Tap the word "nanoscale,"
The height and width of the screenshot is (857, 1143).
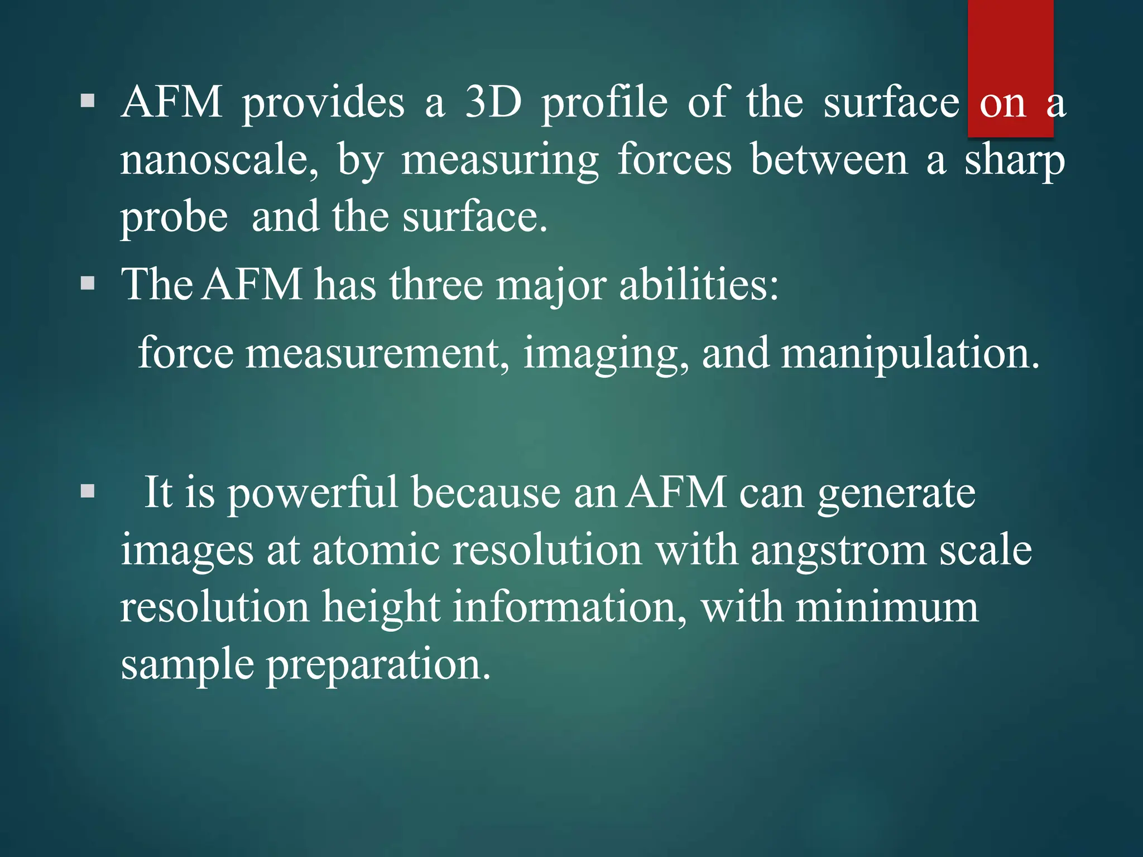tap(219, 160)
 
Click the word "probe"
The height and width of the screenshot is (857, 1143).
tap(174, 218)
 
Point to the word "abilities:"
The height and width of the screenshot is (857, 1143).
tap(699, 285)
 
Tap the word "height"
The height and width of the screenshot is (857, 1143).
tap(381, 608)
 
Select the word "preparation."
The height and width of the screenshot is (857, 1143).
tap(378, 666)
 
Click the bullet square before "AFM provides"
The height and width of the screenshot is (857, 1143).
tap(88, 101)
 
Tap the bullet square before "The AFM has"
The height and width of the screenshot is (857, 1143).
tap(88, 283)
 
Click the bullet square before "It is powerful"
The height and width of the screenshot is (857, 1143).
tap(88, 492)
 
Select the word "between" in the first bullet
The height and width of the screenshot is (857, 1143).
tap(829, 160)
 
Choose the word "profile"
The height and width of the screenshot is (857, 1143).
tap(605, 103)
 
